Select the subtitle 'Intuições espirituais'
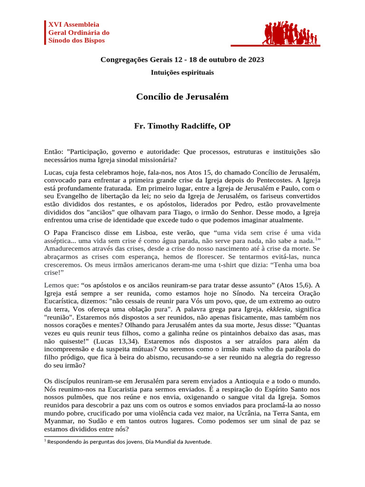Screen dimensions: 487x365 (x=182, y=73)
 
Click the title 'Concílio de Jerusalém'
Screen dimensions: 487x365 (x=182, y=97)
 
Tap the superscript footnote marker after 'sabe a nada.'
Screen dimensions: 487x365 (x=317, y=239)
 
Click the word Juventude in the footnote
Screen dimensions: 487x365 (x=196, y=441)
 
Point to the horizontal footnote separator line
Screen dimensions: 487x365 (x=79, y=436)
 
